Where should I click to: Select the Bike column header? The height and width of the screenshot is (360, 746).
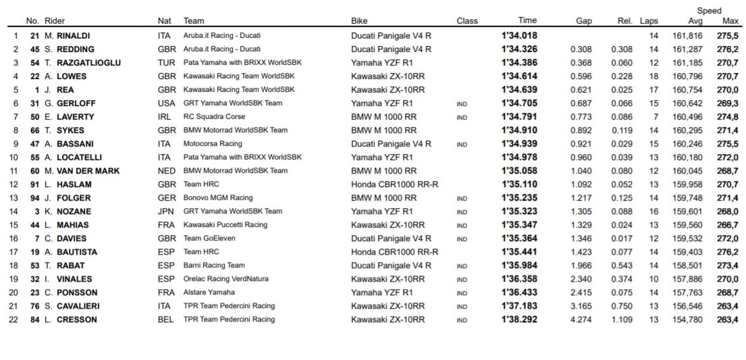point(359,21)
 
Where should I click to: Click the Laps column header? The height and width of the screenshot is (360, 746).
point(649,21)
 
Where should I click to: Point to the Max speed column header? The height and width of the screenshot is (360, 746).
point(730,21)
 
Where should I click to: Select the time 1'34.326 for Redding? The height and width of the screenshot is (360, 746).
point(519,49)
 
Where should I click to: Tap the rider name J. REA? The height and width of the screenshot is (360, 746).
point(60,90)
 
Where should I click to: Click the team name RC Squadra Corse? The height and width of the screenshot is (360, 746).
point(214,117)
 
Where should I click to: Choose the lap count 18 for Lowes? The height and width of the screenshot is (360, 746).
point(653,76)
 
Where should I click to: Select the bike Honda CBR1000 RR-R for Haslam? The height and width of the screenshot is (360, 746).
point(394,184)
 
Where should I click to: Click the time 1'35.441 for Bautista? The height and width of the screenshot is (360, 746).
point(519,252)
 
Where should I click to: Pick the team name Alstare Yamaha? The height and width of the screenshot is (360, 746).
point(209,292)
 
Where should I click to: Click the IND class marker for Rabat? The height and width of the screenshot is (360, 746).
point(462,265)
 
